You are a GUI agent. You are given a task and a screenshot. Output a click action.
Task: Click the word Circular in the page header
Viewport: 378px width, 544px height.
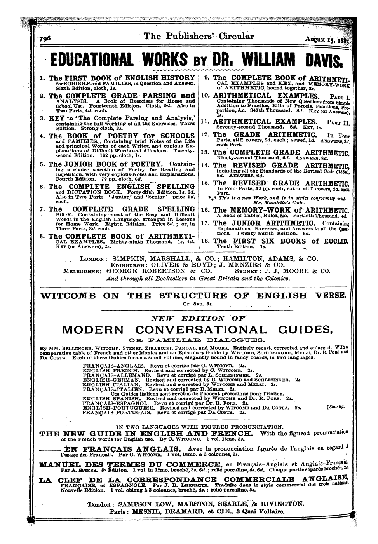(x=236, y=37)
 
